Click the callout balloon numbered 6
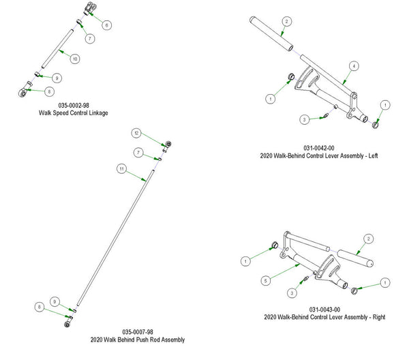(106, 24)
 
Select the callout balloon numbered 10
(75, 59)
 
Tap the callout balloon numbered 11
(121, 168)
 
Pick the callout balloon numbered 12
(136, 132)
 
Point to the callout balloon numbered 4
(354, 66)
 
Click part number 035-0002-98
(74, 105)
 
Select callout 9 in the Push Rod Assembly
(54, 301)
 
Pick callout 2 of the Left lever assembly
(287, 22)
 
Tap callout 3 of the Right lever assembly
(292, 292)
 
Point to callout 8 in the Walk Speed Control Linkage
(49, 90)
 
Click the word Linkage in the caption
(97, 112)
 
